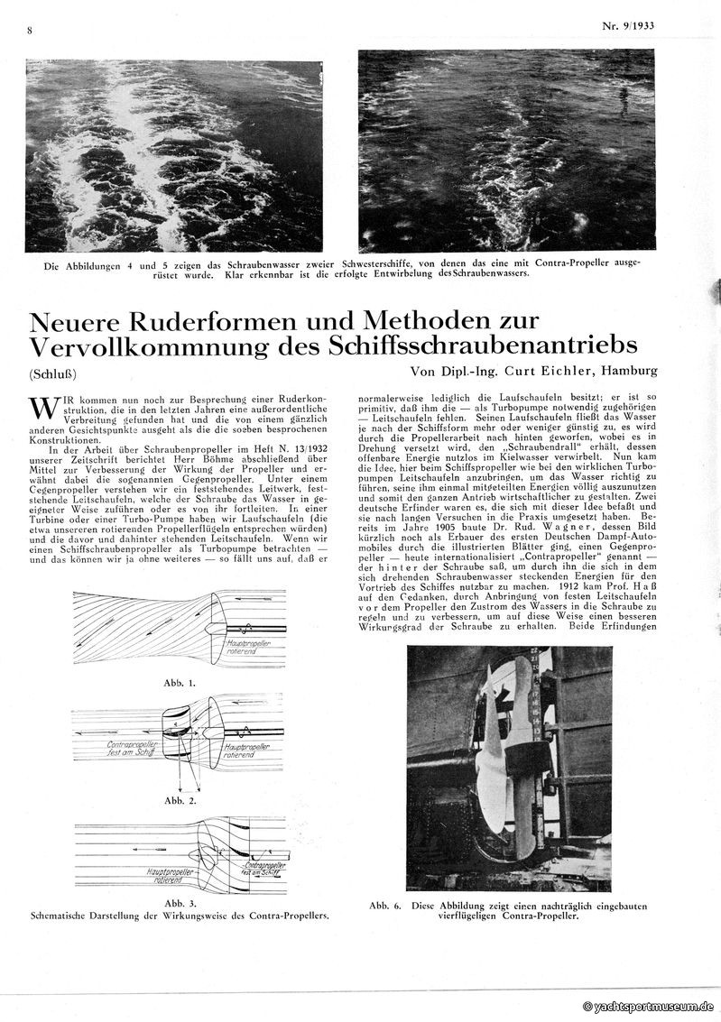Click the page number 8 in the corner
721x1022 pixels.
30,31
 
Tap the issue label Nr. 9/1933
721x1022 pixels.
628,26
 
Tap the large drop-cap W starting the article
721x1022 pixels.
40,406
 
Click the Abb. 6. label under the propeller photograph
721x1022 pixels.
386,905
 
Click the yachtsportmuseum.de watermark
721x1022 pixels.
649,1006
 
